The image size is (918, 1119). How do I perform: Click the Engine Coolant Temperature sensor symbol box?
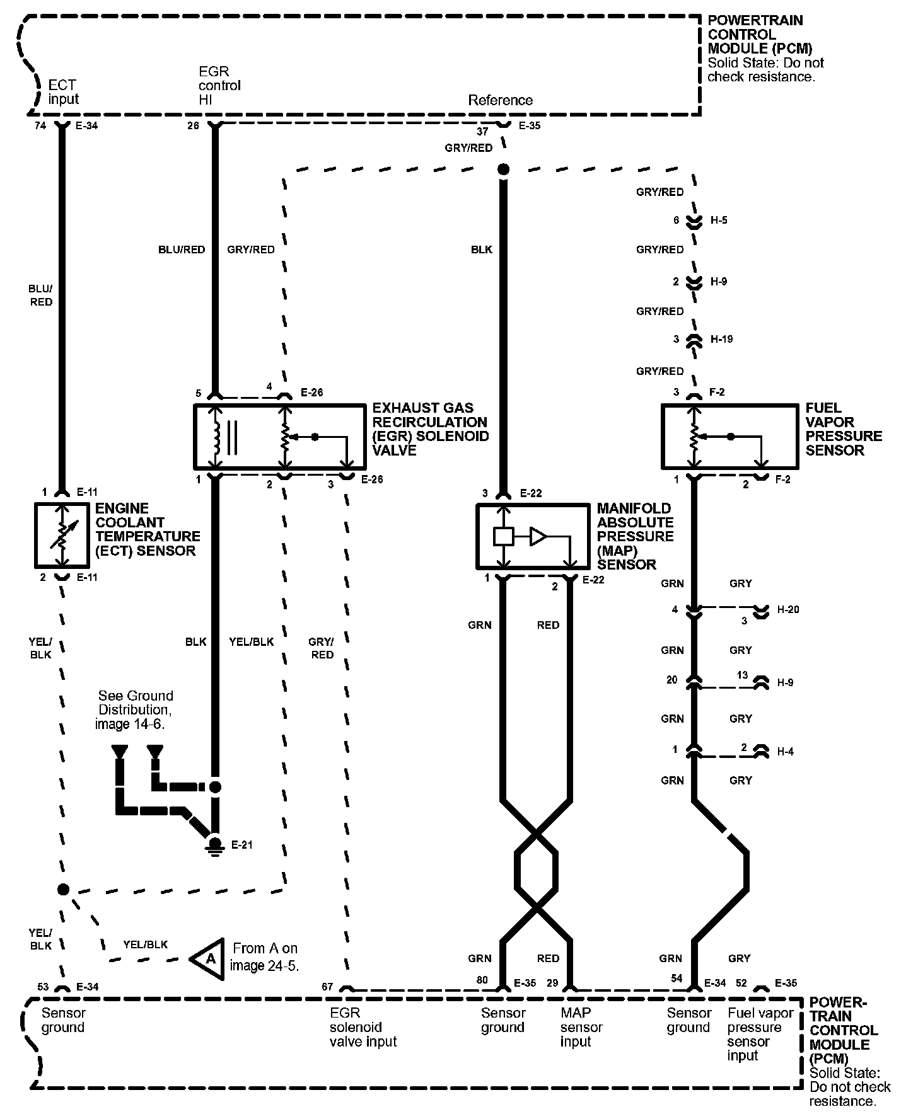coord(62,534)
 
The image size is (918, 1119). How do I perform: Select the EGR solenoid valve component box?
coord(279,437)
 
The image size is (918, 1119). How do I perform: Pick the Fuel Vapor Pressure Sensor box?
coord(729,437)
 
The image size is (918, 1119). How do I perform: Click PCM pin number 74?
coord(40,125)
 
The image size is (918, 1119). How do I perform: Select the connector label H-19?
coord(721,339)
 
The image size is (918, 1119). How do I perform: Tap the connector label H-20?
coord(788,609)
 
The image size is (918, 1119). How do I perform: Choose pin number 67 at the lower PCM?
coord(327,987)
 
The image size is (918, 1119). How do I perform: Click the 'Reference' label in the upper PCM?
coord(500,100)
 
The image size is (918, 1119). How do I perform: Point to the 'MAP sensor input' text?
coord(581,1027)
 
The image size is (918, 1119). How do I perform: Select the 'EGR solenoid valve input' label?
coord(363,1027)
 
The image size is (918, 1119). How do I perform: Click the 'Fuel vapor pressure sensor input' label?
coord(760,1034)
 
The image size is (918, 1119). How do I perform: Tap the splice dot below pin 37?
coord(503,169)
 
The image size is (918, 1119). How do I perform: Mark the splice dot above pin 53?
coord(62,889)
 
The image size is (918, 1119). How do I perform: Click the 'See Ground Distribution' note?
coord(134,709)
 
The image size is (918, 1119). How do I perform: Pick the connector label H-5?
coord(719,221)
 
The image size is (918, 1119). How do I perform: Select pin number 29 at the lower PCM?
coord(552,983)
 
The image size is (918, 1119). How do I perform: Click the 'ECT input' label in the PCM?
coord(63,92)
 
